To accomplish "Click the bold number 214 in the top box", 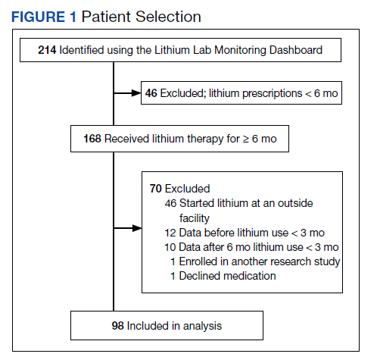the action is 47,50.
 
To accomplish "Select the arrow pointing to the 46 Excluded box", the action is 127,93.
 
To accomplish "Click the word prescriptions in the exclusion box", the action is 272,94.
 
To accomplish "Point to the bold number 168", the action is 92,139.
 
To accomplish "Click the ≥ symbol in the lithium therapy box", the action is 246,139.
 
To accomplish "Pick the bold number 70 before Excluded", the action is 155,189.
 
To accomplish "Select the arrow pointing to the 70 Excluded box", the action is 127,228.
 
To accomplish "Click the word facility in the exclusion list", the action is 195,218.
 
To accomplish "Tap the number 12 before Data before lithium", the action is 170,233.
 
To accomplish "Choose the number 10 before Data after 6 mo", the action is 170,247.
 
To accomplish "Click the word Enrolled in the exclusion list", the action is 198,261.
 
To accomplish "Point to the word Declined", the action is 198,276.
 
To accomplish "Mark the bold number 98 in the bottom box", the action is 118,326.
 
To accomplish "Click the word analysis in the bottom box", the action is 202,327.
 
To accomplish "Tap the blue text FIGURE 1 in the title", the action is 44,17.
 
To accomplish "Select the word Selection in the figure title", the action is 168,17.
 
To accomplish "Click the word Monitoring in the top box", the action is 240,51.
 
